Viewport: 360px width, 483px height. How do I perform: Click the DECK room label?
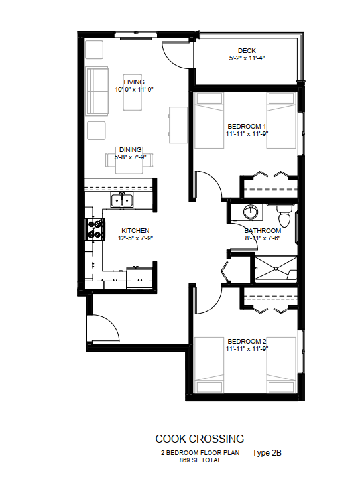(247, 51)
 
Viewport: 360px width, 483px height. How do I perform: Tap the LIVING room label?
(134, 82)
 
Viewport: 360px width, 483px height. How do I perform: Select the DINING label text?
(130, 149)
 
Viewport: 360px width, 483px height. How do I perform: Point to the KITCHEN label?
(135, 230)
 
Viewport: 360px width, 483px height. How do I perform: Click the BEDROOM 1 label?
(247, 126)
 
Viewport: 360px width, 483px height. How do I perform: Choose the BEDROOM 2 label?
(247, 341)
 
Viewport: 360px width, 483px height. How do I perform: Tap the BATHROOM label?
(263, 230)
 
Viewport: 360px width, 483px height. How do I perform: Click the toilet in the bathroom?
(284, 216)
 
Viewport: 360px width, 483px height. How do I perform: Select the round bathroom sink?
(251, 212)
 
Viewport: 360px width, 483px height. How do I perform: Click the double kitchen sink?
(122, 200)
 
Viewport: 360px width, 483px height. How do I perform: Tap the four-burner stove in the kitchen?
(95, 230)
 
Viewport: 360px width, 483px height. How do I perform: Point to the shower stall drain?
(276, 269)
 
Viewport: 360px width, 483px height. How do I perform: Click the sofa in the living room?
(97, 91)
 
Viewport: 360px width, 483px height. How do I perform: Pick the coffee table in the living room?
(133, 92)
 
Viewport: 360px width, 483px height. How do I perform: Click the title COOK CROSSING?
(200, 439)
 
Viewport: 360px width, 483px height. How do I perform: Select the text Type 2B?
(267, 452)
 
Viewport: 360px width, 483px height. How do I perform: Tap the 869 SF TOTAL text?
(200, 460)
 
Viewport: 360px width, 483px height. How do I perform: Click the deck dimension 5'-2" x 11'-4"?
(247, 58)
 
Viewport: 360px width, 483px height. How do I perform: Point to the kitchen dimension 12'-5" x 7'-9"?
(135, 238)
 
